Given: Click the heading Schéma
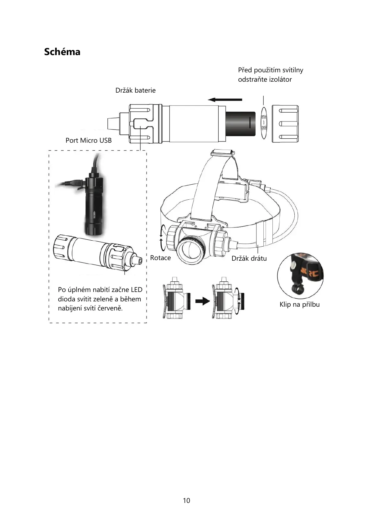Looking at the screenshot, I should [x=62, y=52].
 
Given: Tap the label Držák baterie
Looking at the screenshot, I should [x=135, y=90].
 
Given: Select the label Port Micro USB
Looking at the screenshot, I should [x=88, y=141].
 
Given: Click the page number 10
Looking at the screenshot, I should [x=186, y=501].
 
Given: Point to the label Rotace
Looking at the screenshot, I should [x=160, y=258].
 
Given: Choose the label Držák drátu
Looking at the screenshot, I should [x=249, y=258].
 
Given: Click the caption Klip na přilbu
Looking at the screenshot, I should [x=299, y=304].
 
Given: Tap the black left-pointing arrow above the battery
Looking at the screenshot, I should [x=225, y=100].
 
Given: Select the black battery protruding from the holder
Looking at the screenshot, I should [x=241, y=123].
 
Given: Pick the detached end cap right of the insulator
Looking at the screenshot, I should [x=285, y=124].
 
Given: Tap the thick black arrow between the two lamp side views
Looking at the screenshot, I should [x=202, y=301].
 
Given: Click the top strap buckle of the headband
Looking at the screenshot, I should [x=223, y=153].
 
